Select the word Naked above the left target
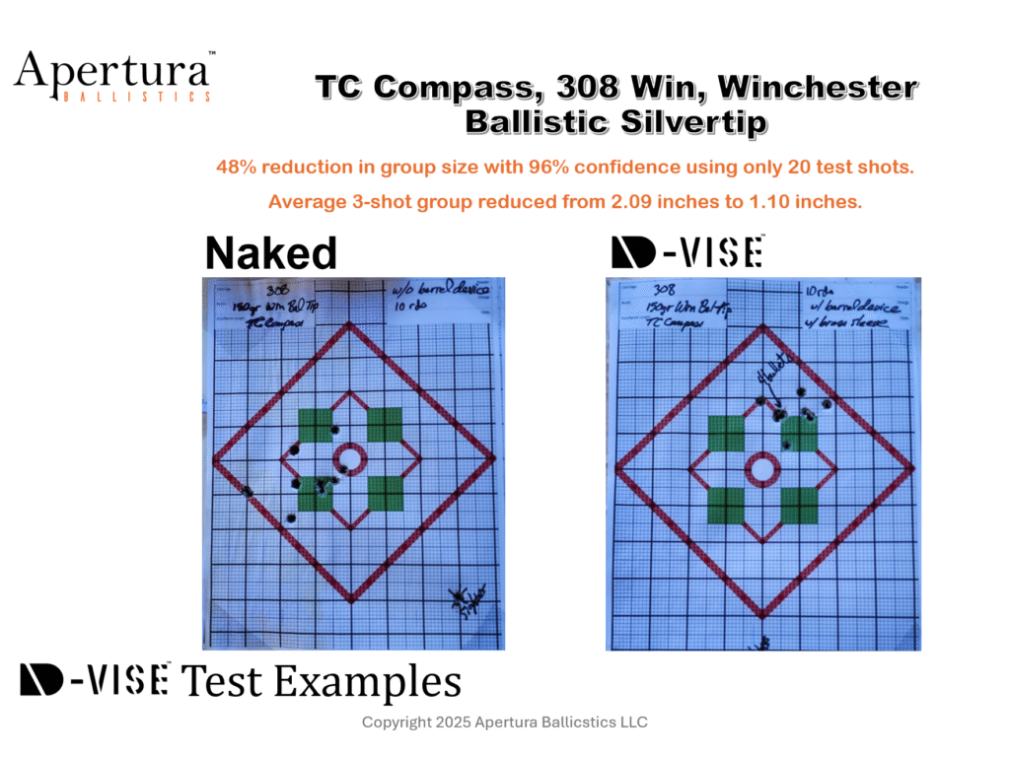tap(270, 254)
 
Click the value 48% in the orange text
tap(233, 168)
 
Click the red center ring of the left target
tap(348, 457)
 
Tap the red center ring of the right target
tap(760, 469)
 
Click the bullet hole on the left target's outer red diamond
tap(246, 490)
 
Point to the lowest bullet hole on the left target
tap(290, 517)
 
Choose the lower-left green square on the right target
tap(727, 506)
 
